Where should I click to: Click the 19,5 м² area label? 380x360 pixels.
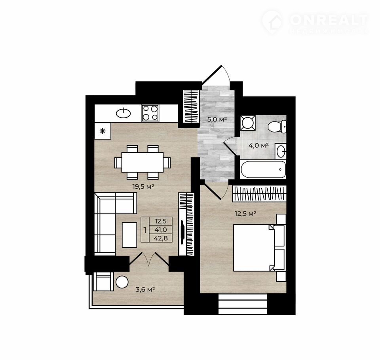143,187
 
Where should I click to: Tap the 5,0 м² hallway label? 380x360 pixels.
217,119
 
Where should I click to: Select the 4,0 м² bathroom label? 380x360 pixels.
258,145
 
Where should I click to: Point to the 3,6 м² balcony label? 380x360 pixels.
145,290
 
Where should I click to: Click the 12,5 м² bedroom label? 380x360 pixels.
245,214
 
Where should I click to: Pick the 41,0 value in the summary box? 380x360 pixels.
161,229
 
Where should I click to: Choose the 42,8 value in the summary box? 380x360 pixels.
161,238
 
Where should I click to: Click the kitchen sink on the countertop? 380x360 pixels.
123,113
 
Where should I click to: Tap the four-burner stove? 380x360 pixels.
150,113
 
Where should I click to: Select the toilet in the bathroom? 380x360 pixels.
277,127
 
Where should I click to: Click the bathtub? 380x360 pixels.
263,169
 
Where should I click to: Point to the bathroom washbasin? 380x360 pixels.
281,151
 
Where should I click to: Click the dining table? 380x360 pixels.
142,162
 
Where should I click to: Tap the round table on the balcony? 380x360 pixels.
122,282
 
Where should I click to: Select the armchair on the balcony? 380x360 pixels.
103,281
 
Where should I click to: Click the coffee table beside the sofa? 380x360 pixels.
129,235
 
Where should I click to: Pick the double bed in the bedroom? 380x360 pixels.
259,248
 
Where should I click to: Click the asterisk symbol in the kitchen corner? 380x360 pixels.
103,131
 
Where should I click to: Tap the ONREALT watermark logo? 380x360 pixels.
315,22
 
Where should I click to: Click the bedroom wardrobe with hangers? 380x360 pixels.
259,193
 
